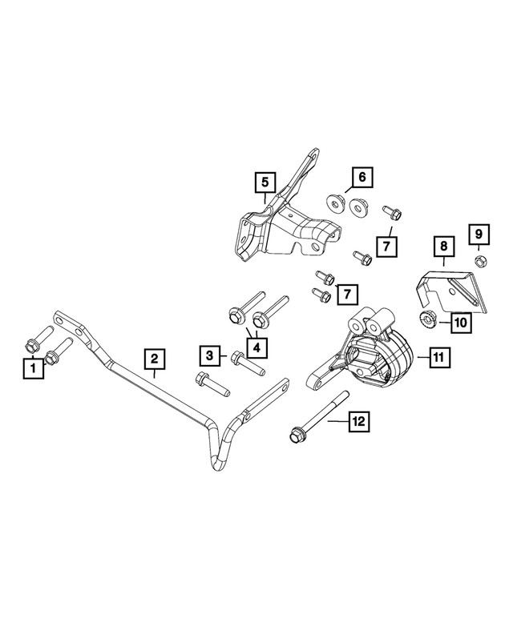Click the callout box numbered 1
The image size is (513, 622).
33,368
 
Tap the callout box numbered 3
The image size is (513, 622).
209,355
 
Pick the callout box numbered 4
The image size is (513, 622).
256,347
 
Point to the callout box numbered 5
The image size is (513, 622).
264,183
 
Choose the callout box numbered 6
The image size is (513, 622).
361,176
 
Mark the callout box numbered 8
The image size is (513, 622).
442,248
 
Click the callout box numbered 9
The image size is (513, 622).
478,234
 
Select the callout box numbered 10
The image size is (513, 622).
460,322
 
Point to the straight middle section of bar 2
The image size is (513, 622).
160,392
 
